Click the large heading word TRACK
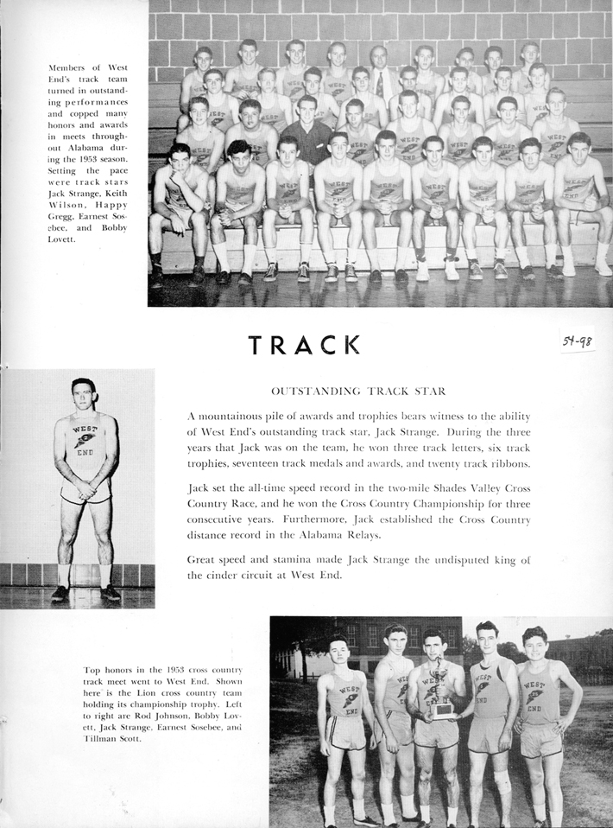[x=304, y=345]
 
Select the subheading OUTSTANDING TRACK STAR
[x=358, y=391]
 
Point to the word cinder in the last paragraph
[x=223, y=575]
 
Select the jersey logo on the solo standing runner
[x=85, y=440]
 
